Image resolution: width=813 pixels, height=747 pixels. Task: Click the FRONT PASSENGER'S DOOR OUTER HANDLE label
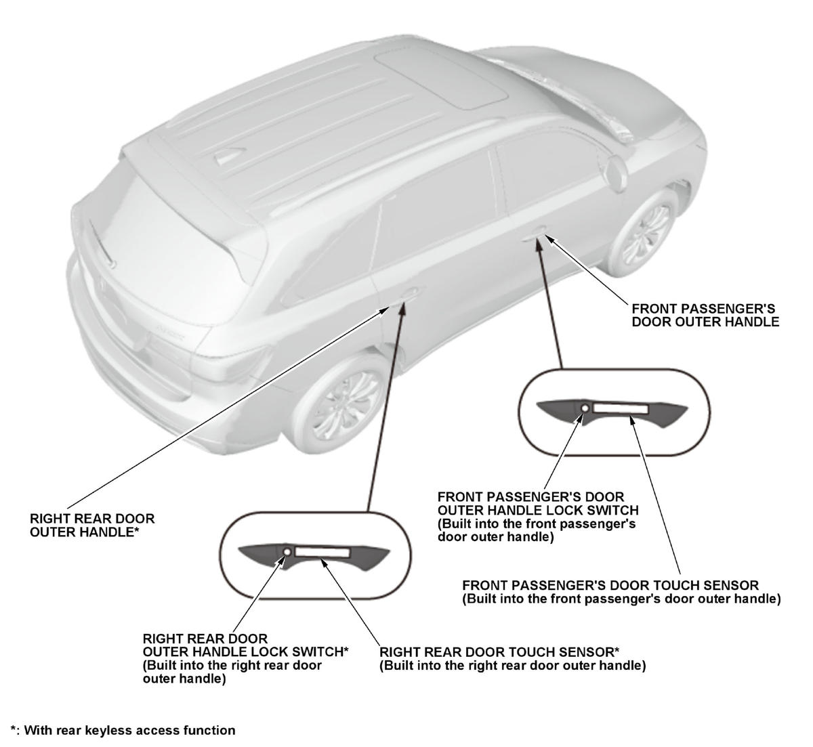click(x=705, y=316)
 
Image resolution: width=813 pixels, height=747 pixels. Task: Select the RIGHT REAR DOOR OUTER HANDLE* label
click(x=92, y=526)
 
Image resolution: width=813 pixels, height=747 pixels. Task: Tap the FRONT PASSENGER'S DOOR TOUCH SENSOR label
click(x=621, y=592)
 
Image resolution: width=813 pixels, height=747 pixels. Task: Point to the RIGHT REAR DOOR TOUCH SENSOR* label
click(x=512, y=659)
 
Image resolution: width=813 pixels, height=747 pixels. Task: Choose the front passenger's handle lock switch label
click(x=538, y=517)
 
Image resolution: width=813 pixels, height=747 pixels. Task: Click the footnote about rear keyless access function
click(x=123, y=730)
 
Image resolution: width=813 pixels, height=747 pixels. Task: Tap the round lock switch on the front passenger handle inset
click(x=585, y=408)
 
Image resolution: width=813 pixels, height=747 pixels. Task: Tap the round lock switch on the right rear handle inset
click(x=287, y=552)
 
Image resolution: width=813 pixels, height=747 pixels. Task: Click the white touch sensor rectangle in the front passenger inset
click(x=621, y=408)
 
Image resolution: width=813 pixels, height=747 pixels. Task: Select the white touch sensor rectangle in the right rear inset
click(x=322, y=552)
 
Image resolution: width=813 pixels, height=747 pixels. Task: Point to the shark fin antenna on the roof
click(x=230, y=155)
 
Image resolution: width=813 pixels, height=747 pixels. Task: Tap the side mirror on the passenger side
click(x=616, y=173)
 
